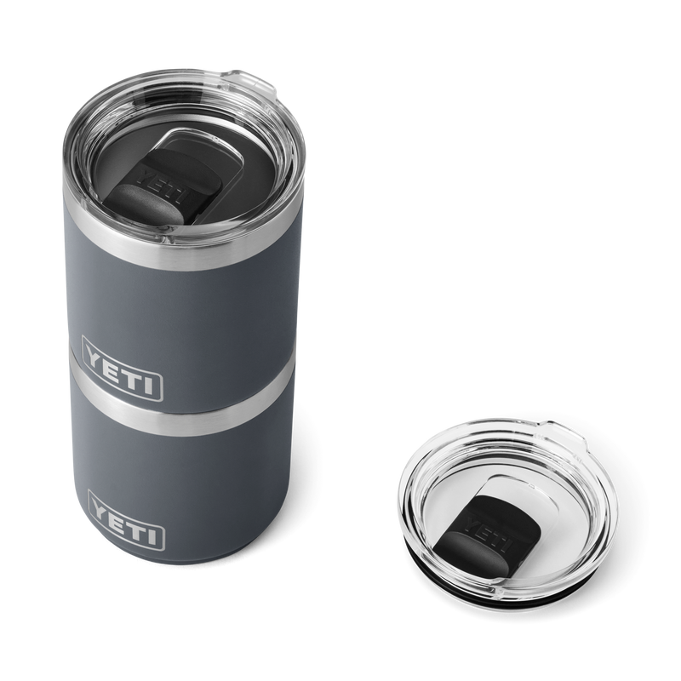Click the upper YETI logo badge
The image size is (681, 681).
coord(121,378)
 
